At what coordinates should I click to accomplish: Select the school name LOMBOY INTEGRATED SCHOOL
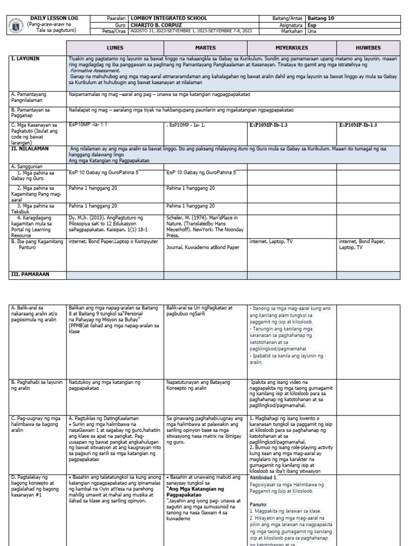coord(169,18)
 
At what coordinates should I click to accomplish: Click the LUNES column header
coord(115,47)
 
